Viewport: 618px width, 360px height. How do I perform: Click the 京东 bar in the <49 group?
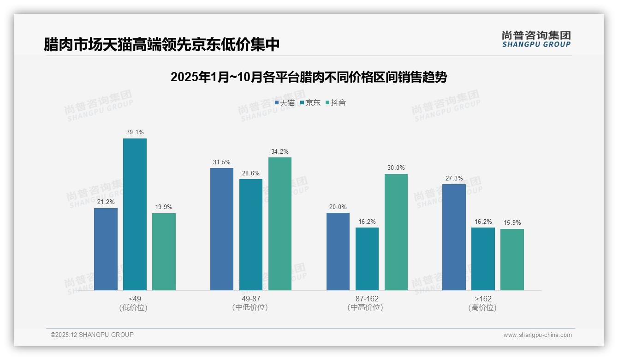coord(135,214)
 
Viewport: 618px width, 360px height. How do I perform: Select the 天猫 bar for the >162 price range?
coord(454,237)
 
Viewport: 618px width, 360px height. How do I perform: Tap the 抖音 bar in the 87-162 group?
coord(396,232)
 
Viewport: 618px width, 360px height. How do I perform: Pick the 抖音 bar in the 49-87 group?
coord(280,224)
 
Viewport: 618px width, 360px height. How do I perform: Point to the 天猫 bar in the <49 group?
coord(106,249)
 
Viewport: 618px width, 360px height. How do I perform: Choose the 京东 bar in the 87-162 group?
coord(367,259)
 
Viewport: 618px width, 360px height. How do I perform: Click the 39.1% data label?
coord(135,132)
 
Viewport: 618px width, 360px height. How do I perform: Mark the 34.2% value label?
coord(280,151)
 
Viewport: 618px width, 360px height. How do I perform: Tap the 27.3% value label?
coord(454,178)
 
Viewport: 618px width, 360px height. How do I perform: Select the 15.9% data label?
coord(512,223)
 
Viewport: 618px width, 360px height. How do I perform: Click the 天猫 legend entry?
coord(285,103)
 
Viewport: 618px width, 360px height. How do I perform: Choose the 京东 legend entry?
coord(310,103)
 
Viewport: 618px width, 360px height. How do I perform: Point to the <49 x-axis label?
coord(135,299)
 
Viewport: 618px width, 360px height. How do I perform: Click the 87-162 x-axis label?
coord(367,299)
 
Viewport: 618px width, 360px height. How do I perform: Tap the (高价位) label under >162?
coord(483,307)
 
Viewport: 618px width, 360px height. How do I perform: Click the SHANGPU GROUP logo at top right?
coord(536,39)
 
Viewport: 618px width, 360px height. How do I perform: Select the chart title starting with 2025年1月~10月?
coord(309,77)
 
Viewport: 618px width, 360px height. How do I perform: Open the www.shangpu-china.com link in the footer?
coord(537,335)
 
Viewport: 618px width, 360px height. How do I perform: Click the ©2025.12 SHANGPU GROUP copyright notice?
coord(92,335)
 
